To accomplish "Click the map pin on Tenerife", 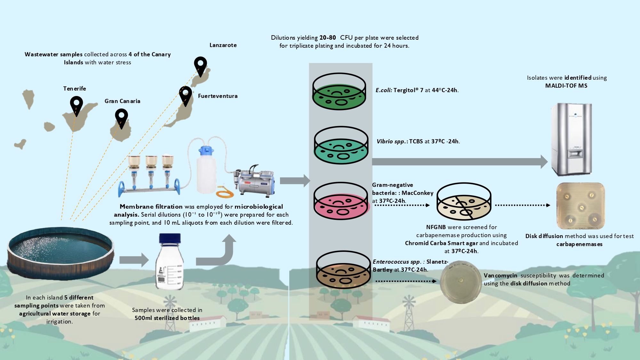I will click(76, 105).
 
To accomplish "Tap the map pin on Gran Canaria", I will click(121, 117).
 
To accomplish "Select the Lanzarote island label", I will click(223, 45).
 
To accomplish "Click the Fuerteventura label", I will click(218, 96).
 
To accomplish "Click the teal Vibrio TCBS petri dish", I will click(341, 145).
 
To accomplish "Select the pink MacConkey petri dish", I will click(341, 201).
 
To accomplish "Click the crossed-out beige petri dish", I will click(464, 202).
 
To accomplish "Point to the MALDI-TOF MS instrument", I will click(571, 139).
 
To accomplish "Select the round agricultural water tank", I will click(61, 253).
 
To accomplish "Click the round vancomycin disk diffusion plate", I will click(461, 282).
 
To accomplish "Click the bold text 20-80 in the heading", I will click(327, 38).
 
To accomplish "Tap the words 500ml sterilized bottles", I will click(167, 318).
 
